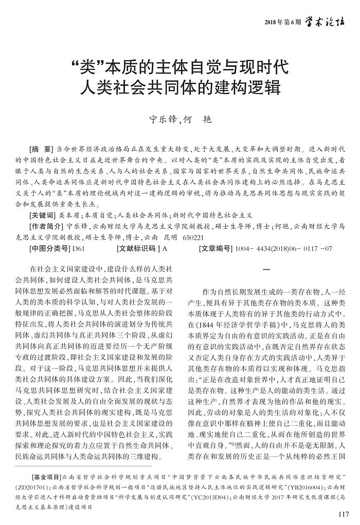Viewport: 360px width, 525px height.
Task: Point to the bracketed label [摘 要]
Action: coord(43,147)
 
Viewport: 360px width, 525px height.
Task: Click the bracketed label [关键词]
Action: coord(44,215)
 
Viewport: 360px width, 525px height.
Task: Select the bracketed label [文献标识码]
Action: coord(138,249)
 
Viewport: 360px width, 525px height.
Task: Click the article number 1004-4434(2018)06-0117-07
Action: coord(283,249)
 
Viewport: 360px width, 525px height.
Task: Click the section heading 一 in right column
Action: coord(266,270)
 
